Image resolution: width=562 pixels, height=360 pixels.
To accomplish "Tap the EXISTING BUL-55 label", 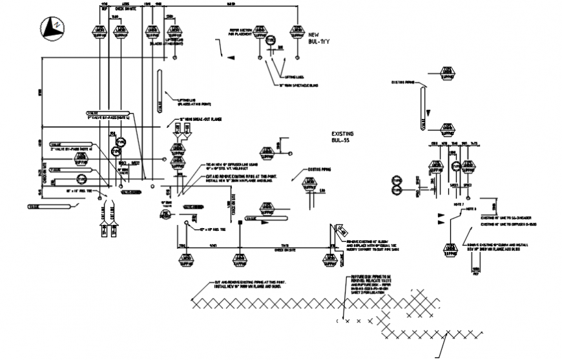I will (342, 137).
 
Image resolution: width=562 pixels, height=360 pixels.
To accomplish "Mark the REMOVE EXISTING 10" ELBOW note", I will (371, 246).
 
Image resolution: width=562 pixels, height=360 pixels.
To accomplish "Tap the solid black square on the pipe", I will (240, 223).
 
